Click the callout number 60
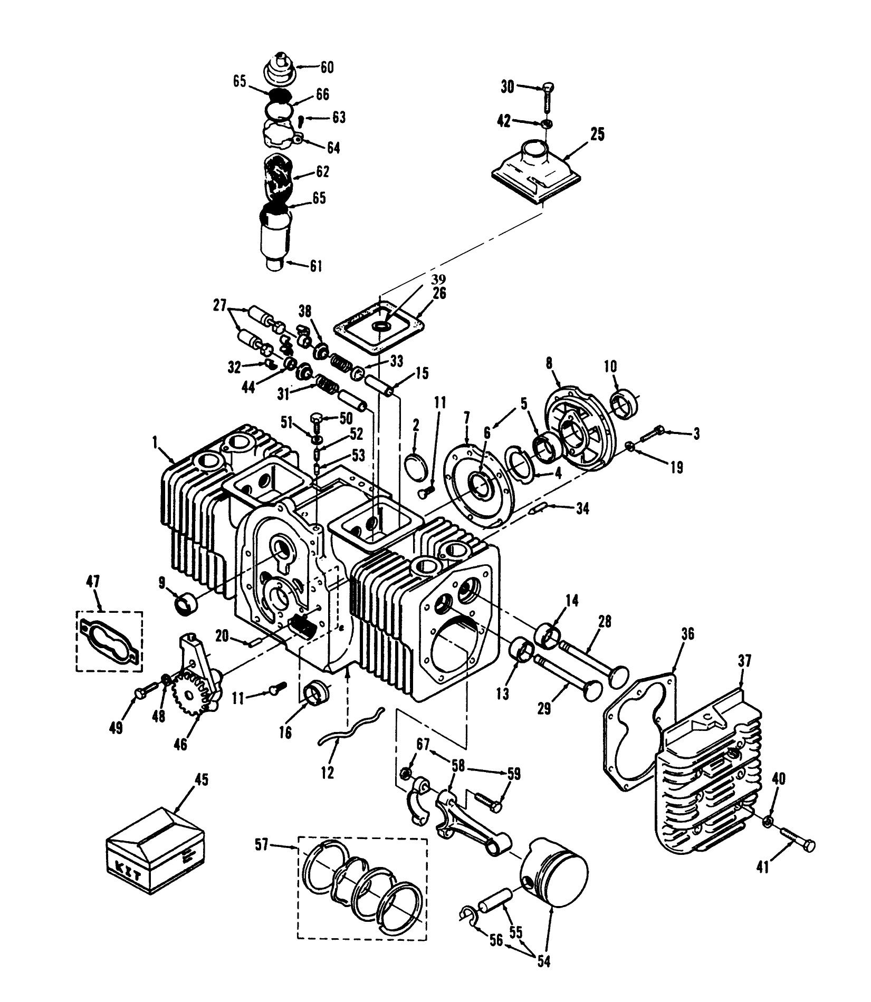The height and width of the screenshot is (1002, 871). [327, 68]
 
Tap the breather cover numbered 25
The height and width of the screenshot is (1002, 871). [538, 170]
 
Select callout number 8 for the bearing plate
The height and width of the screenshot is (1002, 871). [549, 363]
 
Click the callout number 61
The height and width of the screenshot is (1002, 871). [315, 266]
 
